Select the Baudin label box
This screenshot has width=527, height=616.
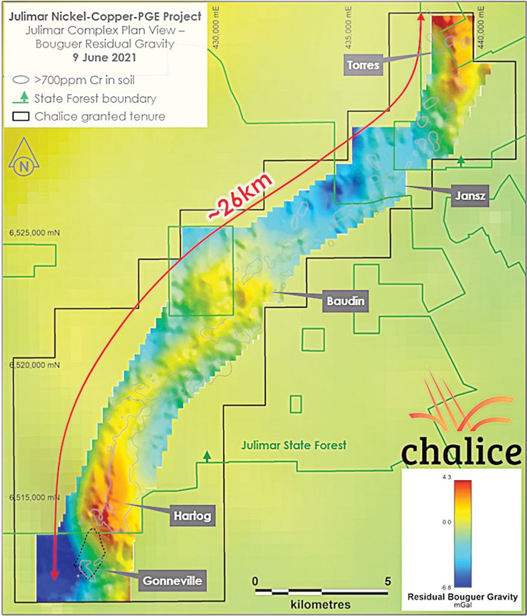point(346,301)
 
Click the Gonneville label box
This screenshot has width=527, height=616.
point(171,581)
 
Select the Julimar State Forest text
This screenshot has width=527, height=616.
point(294,446)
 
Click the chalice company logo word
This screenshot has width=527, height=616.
point(460,452)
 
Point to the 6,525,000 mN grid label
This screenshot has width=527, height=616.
point(35,231)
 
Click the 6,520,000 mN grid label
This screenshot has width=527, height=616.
point(35,365)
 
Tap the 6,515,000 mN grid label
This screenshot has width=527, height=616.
point(34,497)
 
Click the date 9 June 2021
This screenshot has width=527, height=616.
point(106,58)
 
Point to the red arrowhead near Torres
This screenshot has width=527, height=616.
point(421,18)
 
